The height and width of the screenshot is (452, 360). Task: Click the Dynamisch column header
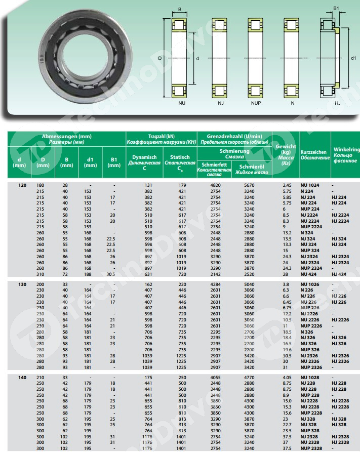(144, 157)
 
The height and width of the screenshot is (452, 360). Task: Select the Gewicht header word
(286, 146)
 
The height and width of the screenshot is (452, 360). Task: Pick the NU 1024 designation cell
(310, 185)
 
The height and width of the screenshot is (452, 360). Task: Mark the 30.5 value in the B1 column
(112, 274)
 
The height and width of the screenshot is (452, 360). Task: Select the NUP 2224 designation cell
(312, 227)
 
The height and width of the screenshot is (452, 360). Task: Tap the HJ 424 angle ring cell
(339, 274)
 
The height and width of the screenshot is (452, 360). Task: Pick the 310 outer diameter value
(40, 274)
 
